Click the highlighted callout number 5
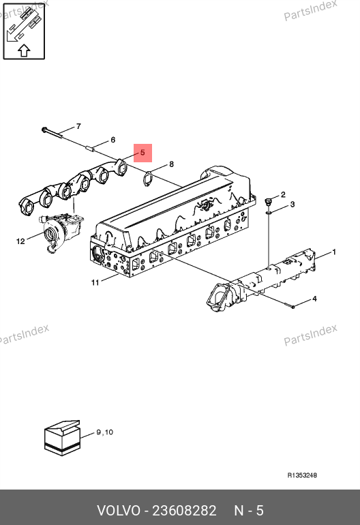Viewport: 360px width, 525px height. pos(142,153)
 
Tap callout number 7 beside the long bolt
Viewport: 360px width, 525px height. pos(78,126)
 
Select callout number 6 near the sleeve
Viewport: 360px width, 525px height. pos(113,140)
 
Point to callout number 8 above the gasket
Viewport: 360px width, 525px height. pos(171,164)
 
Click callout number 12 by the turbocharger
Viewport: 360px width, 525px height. pos(20,241)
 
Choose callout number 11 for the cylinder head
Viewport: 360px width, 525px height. pos(95,282)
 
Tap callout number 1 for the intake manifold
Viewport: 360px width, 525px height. pos(334,252)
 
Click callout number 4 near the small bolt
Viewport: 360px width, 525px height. pos(314,299)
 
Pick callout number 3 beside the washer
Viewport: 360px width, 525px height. pos(292,205)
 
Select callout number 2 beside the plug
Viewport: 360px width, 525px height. pos(283,194)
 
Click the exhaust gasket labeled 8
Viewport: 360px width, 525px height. pos(147,178)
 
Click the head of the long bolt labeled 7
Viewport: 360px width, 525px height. pos(44,130)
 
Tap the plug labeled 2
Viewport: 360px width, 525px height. pos(268,202)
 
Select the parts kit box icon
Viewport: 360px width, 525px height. pos(62,438)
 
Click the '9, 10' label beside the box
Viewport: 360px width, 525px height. pos(105,432)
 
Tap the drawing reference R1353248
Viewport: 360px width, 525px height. pos(302,475)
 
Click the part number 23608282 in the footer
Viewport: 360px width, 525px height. pos(184,511)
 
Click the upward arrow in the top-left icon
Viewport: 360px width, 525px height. pos(24,50)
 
